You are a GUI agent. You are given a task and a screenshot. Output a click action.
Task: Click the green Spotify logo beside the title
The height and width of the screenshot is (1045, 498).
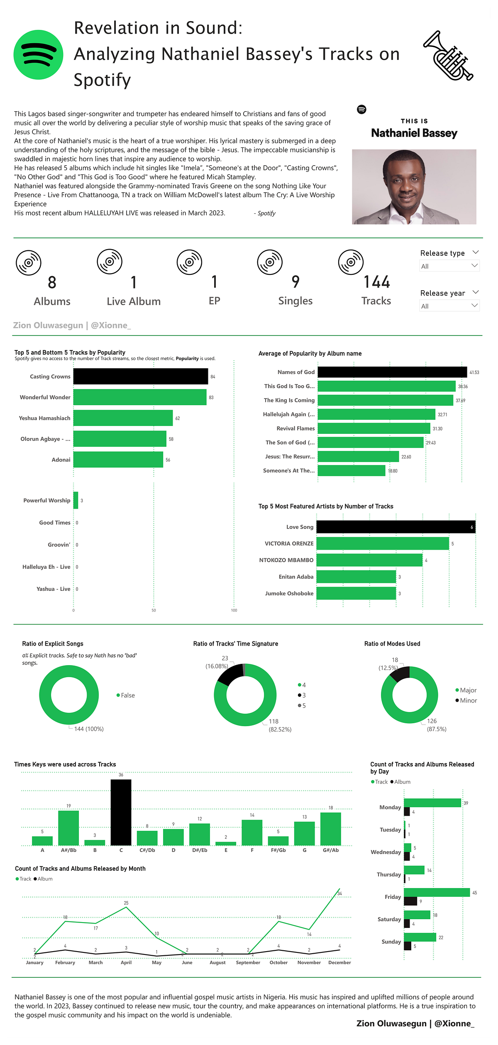pyautogui.click(x=38, y=54)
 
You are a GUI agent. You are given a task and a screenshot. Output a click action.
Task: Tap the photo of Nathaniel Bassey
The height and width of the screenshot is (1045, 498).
pyautogui.click(x=414, y=187)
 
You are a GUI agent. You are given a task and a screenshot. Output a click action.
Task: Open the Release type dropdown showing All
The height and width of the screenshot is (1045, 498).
pyautogui.click(x=449, y=266)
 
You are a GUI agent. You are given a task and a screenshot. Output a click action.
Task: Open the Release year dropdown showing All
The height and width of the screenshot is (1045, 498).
pyautogui.click(x=449, y=306)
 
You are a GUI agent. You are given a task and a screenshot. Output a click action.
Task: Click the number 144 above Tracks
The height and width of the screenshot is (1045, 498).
pyautogui.click(x=376, y=282)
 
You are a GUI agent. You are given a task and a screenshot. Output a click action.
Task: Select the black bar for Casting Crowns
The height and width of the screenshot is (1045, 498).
pyautogui.click(x=140, y=376)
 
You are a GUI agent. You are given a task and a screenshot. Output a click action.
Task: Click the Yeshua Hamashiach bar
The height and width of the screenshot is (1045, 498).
pyautogui.click(x=123, y=418)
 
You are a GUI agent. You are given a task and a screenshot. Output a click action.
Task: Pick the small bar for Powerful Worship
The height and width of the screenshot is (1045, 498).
pyautogui.click(x=76, y=500)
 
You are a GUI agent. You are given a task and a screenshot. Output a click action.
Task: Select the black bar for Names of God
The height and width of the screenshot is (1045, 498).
pyautogui.click(x=392, y=372)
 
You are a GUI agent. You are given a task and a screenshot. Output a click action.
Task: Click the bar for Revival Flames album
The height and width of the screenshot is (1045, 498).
pyautogui.click(x=373, y=428)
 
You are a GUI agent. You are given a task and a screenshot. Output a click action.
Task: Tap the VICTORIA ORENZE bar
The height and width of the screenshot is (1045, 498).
pyautogui.click(x=382, y=543)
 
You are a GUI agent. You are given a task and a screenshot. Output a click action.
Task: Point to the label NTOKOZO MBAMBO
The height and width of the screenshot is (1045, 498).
pyautogui.click(x=286, y=560)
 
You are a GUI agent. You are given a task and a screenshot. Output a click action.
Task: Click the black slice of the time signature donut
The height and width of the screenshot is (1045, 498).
pyautogui.click(x=231, y=674)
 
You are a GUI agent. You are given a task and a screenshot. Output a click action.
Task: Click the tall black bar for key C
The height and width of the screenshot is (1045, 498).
pyautogui.click(x=121, y=812)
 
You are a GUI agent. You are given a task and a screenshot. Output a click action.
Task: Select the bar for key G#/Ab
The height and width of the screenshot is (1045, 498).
pyautogui.click(x=330, y=829)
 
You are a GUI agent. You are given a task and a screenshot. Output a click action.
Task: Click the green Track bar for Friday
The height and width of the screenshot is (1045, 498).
pyautogui.click(x=437, y=892)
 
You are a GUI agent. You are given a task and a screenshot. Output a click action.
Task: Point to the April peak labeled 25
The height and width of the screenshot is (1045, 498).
pyautogui.click(x=126, y=907)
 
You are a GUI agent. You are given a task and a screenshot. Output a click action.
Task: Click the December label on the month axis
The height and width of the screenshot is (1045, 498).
pyautogui.click(x=339, y=962)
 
